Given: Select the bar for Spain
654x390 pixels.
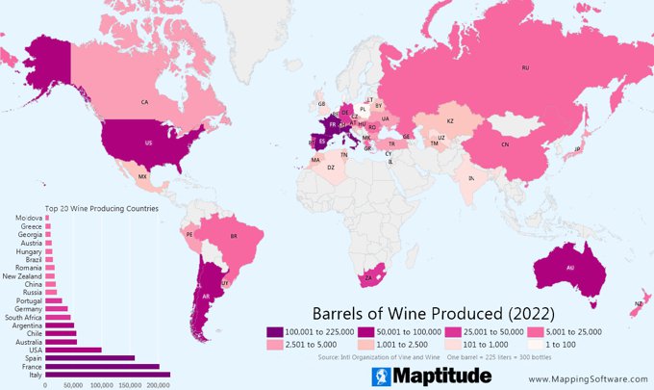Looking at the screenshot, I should [x=90, y=357].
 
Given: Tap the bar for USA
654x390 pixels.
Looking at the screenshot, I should [x=73, y=350].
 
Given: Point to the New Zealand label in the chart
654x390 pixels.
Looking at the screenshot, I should [x=22, y=276].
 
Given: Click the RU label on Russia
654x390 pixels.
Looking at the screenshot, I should [x=525, y=68].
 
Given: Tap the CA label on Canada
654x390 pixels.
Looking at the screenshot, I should [x=144, y=101].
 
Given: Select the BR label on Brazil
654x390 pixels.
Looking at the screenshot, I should [x=233, y=236].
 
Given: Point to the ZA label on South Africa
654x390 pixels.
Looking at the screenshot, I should [x=368, y=278].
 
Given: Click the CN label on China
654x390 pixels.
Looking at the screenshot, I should [x=505, y=144].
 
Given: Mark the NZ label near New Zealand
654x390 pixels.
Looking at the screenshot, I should [x=638, y=304].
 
